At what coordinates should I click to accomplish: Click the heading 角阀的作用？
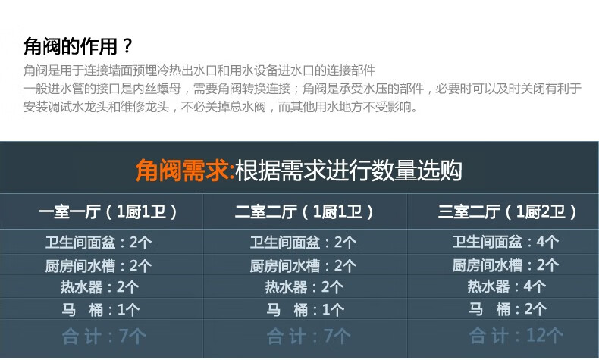pos(78,46)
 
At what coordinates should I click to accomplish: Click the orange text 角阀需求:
pos(185,171)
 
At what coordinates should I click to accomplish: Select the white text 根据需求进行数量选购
pos(348,171)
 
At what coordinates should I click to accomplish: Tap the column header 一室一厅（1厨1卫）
pos(108,211)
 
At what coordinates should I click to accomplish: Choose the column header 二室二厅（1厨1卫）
pos(304,211)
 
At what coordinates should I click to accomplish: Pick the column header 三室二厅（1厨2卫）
pos(507,211)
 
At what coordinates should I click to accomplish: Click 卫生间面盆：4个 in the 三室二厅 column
pos(506,242)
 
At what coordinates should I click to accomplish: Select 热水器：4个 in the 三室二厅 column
pos(506,286)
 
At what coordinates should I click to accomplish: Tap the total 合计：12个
pos(516,336)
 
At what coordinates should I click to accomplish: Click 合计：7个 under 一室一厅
pos(104,337)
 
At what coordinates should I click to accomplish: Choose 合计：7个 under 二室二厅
pos(309,337)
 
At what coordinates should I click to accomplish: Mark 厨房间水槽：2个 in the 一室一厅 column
pos(99,266)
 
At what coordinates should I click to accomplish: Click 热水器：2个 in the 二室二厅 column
pos(304,287)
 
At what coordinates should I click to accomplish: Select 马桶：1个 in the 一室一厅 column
pos(101,310)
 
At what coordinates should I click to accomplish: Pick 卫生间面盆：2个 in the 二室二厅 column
pos(303,243)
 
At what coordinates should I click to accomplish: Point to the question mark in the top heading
pos(127,46)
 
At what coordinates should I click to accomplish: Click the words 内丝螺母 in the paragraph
pos(157,89)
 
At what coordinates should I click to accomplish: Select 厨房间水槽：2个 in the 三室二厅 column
pos(506,265)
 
